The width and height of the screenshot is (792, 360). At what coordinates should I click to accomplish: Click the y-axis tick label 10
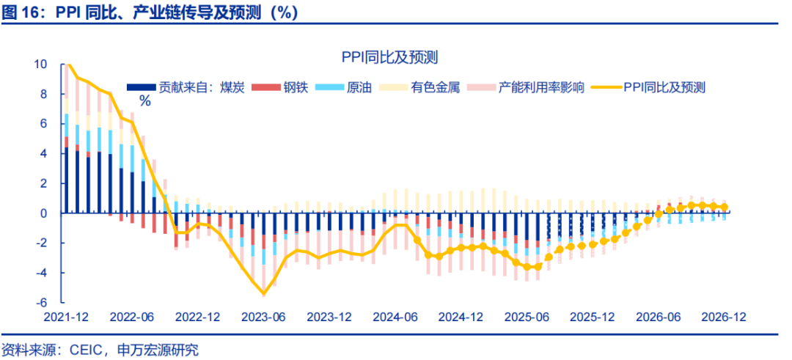pos(40,65)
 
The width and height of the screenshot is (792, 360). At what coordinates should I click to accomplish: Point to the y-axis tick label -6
pos(41,302)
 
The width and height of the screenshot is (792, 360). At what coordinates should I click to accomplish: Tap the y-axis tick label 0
pos(44,213)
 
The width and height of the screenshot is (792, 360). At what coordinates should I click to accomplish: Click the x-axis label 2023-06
pos(263,317)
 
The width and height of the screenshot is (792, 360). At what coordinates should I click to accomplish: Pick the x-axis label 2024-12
pos(461,317)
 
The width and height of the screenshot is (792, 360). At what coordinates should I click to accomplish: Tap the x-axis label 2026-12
pos(725,317)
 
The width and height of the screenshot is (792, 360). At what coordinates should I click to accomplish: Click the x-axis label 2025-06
pos(527,317)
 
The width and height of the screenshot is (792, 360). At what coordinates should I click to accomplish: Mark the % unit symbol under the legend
pos(144,102)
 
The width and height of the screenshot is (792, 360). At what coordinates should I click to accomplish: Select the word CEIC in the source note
pos(88,349)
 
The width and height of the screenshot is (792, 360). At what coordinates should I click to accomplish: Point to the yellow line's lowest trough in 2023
pos(263,293)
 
